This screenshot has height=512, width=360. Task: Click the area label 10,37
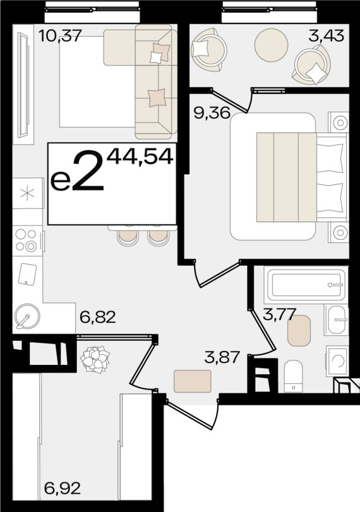(x=60, y=35)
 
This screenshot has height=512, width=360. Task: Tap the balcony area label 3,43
(x=326, y=35)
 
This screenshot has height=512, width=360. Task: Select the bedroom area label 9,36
(x=211, y=114)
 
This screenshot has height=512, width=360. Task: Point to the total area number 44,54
(x=140, y=156)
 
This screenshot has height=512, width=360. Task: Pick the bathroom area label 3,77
(x=279, y=314)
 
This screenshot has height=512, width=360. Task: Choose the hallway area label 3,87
(x=222, y=357)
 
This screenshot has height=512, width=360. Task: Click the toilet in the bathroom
(x=294, y=374)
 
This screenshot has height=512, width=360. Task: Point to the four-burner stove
(x=27, y=240)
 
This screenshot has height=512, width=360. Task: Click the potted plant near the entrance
(x=95, y=359)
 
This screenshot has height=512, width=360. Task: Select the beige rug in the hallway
(x=192, y=381)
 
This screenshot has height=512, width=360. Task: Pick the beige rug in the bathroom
(x=299, y=330)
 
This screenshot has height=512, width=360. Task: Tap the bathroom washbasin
(x=336, y=319)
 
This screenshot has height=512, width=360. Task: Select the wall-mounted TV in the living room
(x=23, y=85)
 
